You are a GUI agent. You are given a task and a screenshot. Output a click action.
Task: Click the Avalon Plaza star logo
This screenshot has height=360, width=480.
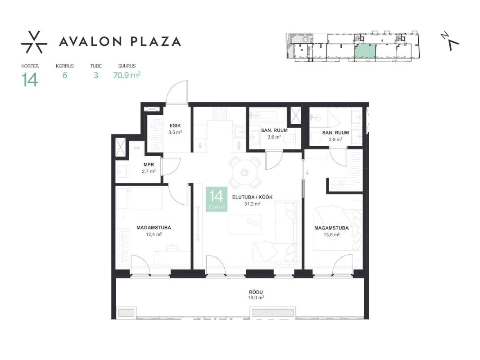[x=34, y=42]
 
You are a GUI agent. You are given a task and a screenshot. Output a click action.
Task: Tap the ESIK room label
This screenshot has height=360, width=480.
[x=175, y=126]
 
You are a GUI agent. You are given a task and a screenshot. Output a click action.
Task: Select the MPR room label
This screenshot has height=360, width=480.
[x=149, y=165]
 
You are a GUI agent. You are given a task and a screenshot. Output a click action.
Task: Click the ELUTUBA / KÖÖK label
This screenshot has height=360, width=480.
[x=252, y=197]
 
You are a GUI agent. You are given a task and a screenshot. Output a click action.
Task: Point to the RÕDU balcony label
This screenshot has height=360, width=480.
[x=256, y=292]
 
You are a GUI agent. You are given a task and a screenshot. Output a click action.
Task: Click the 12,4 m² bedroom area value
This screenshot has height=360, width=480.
[x=154, y=234]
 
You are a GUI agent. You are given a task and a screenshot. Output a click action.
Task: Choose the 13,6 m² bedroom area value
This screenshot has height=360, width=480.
[x=331, y=235]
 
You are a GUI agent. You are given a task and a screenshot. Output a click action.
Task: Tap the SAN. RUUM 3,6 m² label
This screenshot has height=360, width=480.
[x=274, y=134]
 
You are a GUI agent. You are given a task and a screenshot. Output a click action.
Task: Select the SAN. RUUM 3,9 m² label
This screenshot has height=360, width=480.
[x=335, y=136]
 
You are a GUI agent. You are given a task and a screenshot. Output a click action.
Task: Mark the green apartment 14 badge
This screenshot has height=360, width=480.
[x=217, y=199]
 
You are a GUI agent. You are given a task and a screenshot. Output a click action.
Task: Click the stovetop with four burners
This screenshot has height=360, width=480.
[x=220, y=114]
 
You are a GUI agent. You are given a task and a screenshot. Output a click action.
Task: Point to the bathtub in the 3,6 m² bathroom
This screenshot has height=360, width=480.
[x=267, y=116]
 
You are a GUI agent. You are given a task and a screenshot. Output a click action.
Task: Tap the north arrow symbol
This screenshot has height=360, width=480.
[x=450, y=41]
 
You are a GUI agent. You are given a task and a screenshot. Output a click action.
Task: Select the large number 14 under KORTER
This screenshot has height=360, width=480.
[x=30, y=80]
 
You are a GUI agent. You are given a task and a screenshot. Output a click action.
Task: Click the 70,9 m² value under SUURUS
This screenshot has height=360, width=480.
[x=127, y=75]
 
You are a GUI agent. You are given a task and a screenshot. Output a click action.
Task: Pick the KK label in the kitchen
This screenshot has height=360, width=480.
[x=200, y=146]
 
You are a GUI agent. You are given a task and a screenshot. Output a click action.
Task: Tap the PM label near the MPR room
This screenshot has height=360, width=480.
[x=137, y=148]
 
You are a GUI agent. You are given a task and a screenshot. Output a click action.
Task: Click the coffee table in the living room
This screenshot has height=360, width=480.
[x=245, y=224]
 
